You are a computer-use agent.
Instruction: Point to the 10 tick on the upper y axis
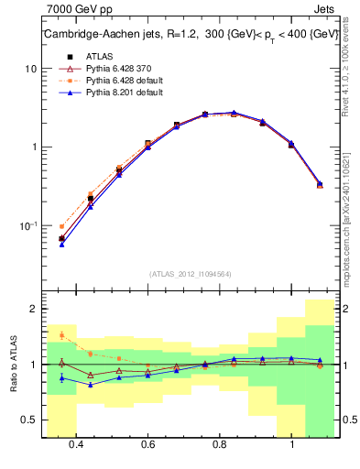31,69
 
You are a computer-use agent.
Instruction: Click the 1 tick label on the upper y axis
34,147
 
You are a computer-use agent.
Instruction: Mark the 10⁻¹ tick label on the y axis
28,224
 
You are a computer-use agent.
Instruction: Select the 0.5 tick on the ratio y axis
29,420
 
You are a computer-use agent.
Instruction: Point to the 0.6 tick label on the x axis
147,444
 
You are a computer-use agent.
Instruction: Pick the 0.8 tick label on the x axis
220,444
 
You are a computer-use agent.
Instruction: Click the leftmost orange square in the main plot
61,226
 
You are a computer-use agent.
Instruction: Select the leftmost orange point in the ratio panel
61,335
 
